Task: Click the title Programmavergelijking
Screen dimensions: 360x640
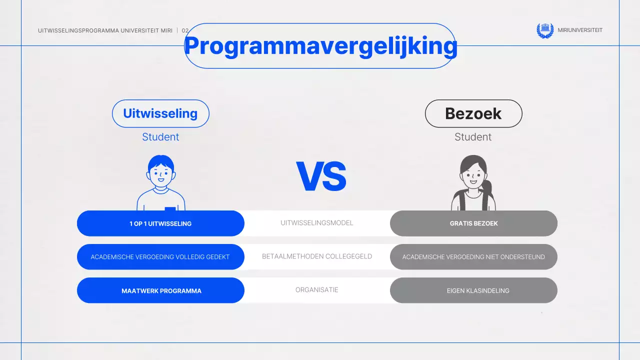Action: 320,46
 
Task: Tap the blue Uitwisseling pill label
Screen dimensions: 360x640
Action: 160,113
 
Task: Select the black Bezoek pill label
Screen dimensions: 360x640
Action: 473,113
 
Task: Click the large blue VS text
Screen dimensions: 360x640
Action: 321,177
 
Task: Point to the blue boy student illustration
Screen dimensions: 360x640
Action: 161,182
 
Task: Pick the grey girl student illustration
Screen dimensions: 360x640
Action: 473,182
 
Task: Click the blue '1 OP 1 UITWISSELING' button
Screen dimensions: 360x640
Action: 160,223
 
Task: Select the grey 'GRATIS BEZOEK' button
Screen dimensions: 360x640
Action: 473,223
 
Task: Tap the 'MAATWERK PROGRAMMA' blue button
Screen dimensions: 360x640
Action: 160,290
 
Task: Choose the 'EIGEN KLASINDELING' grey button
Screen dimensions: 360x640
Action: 473,290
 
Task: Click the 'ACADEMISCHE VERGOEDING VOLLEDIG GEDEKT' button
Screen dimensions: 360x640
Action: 160,257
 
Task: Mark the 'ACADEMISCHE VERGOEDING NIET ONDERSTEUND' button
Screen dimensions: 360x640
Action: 473,257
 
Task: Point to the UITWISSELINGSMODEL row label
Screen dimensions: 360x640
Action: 317,223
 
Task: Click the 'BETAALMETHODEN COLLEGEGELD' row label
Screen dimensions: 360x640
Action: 317,256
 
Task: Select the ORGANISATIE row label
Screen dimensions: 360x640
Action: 317,290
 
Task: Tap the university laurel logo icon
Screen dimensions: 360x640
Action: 545,30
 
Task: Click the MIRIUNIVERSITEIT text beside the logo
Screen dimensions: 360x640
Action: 580,30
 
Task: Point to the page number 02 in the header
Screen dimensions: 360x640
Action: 185,30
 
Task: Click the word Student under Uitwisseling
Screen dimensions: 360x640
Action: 160,137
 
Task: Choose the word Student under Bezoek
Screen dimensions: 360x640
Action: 473,137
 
